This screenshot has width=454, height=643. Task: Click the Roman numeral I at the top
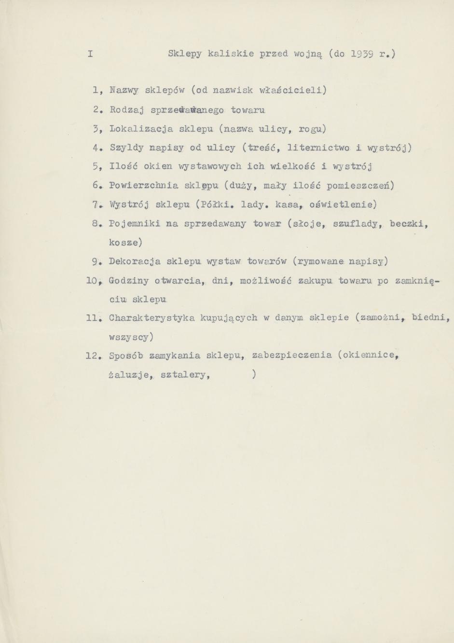(x=90, y=54)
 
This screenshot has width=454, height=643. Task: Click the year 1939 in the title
(x=360, y=54)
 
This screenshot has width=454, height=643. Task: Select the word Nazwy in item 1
(x=124, y=90)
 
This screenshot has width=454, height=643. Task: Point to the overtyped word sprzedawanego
(x=187, y=110)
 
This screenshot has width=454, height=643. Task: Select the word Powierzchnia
(x=143, y=186)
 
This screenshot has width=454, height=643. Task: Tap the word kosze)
(x=125, y=242)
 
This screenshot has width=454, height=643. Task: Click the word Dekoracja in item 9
(x=135, y=261)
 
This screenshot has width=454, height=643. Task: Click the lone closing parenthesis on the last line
(x=254, y=374)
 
